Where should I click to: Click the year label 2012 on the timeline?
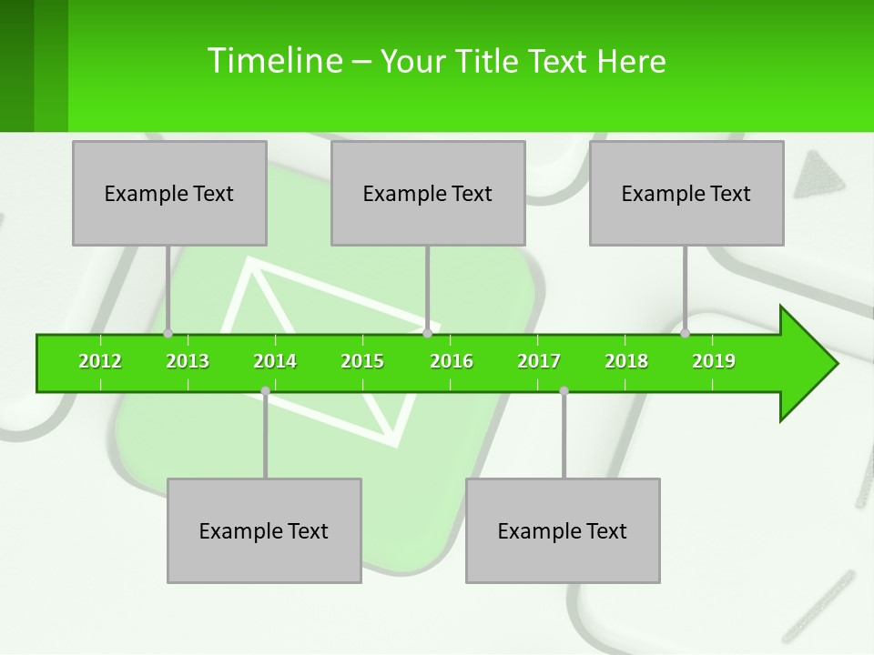point(100,361)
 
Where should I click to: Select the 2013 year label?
point(188,361)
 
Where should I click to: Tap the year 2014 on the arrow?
point(275,361)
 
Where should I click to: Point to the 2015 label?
point(362,361)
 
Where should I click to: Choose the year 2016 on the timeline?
point(452,361)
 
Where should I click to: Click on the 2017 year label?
point(539,361)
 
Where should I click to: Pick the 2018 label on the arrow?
point(626,361)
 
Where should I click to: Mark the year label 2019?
point(714,361)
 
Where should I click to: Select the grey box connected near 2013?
point(169,193)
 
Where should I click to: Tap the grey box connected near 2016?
point(428,193)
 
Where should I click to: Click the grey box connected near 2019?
point(686,193)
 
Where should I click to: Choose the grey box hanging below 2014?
point(264,530)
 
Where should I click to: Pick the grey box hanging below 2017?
point(563,530)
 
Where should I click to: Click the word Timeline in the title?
point(273,61)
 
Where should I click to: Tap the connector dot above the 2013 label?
point(168,333)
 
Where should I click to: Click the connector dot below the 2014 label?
point(265,391)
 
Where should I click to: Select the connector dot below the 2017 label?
point(564,391)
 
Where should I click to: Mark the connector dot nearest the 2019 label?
point(686,333)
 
